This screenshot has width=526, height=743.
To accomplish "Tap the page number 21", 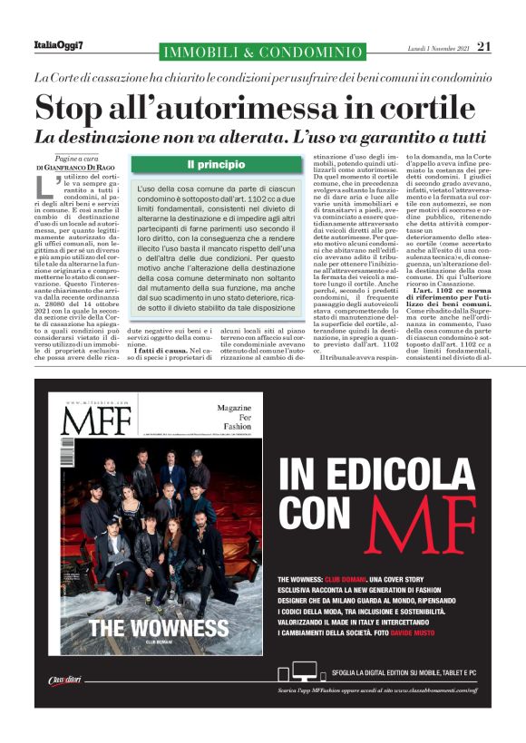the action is click(x=483, y=45).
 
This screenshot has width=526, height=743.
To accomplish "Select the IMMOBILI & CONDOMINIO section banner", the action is click(x=260, y=53).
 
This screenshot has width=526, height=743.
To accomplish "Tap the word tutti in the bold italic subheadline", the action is click(x=459, y=139).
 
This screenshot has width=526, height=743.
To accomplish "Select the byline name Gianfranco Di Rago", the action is click(x=87, y=169).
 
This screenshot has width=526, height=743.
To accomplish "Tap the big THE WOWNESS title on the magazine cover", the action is click(x=159, y=628).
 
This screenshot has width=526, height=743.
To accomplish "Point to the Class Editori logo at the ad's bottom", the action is click(x=65, y=681).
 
